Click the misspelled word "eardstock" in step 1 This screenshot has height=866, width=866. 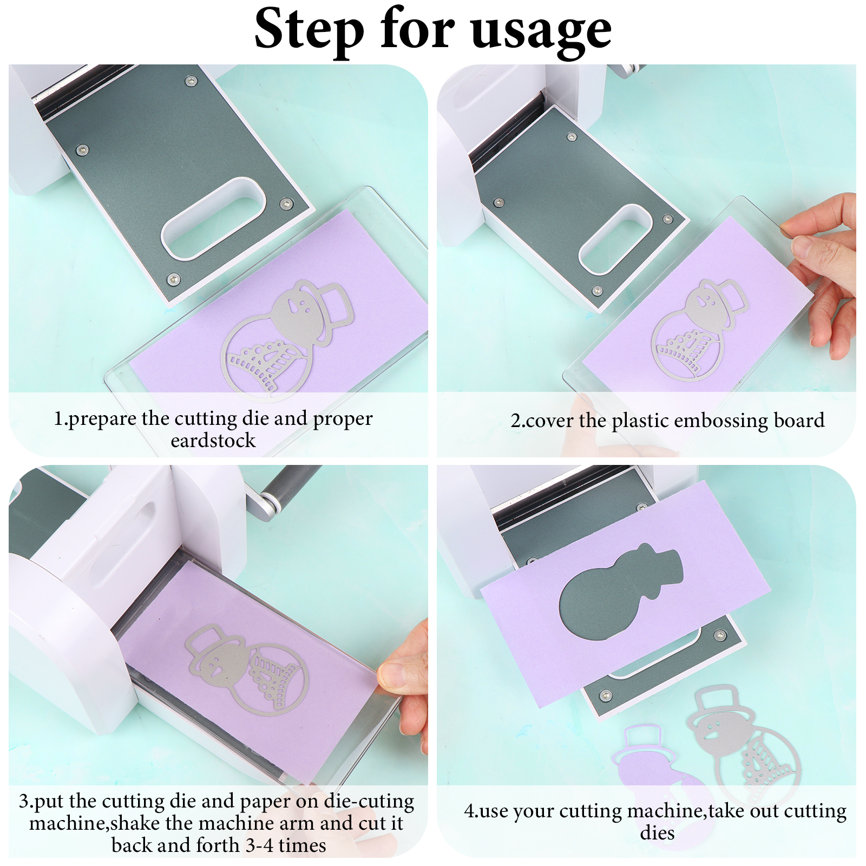213,441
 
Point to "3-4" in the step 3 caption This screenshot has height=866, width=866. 259,845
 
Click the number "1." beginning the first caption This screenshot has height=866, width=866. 61,418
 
